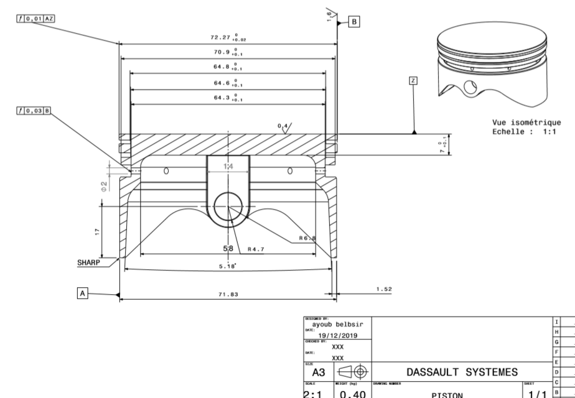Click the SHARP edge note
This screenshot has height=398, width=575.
pyautogui.click(x=88, y=262)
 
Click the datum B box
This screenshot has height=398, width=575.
pyautogui.click(x=355, y=21)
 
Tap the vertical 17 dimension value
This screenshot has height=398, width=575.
pyautogui.click(x=96, y=231)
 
